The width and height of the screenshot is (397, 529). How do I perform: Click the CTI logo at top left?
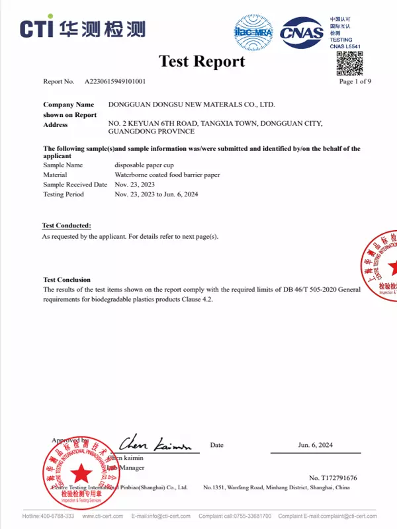click(x=82, y=28)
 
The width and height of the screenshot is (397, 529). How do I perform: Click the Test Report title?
click(x=202, y=61)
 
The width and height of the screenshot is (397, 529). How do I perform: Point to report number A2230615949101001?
click(x=115, y=82)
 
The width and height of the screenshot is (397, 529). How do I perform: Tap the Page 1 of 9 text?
click(x=355, y=82)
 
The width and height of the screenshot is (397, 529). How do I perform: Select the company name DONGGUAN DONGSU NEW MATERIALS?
click(x=191, y=104)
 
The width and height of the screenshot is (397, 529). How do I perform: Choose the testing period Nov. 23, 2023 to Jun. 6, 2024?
click(x=156, y=194)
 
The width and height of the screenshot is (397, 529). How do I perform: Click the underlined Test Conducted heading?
click(x=67, y=226)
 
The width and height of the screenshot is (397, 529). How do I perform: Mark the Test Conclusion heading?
click(x=67, y=280)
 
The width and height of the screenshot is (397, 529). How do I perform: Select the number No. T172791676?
click(x=333, y=477)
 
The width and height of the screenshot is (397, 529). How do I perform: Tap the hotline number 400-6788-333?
click(x=59, y=516)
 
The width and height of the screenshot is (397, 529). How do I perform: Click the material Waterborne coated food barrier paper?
click(x=167, y=175)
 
